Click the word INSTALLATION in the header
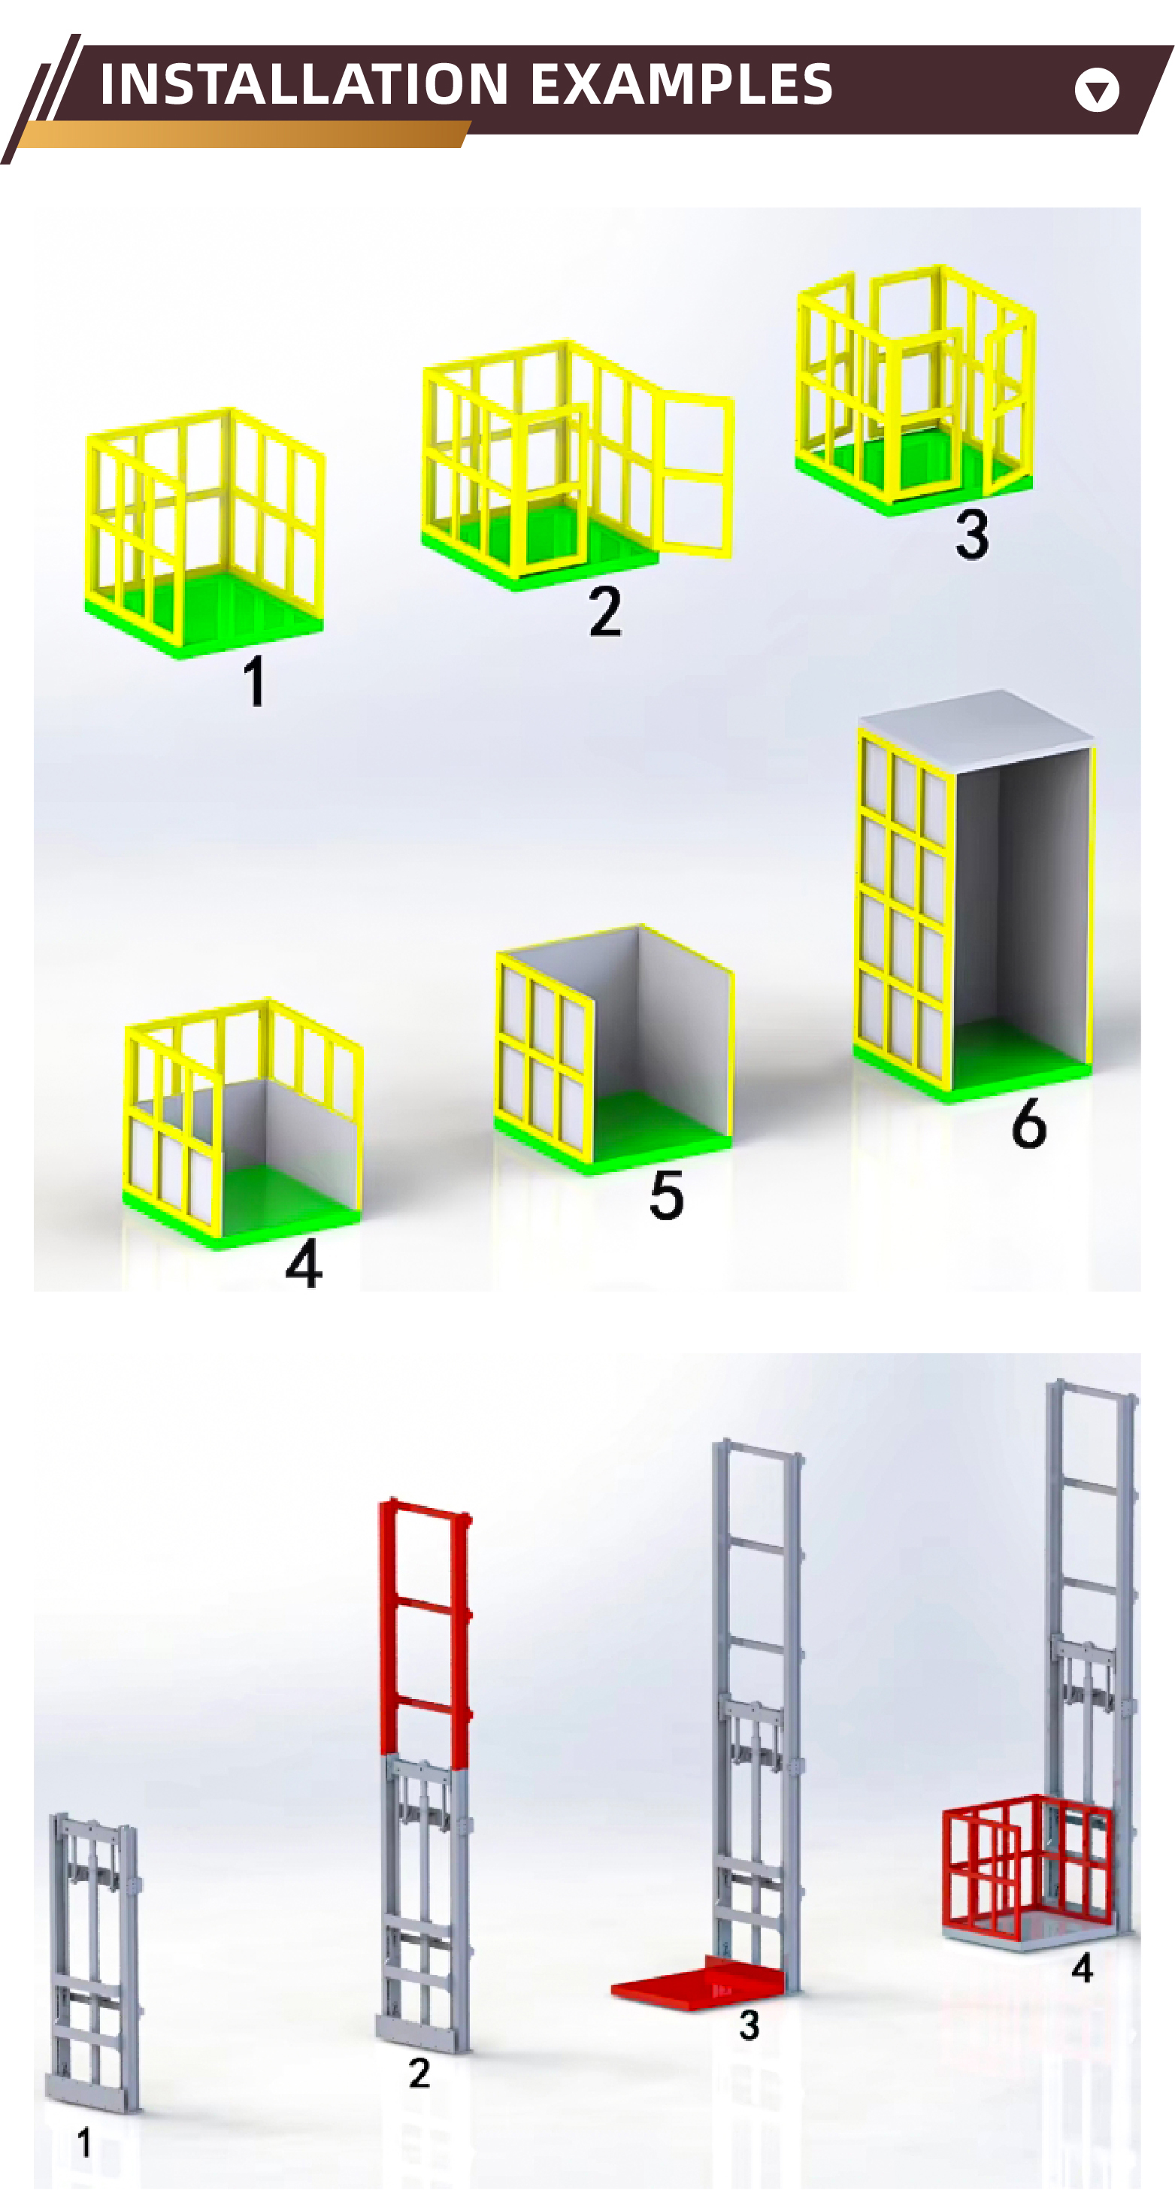[x=304, y=84]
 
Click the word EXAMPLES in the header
[x=681, y=84]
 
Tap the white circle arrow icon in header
[x=1096, y=90]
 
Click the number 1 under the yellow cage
[x=253, y=682]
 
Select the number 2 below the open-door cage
[x=604, y=611]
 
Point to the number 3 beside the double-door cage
[x=972, y=535]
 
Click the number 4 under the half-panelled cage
[x=304, y=1265]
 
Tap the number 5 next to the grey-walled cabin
[x=666, y=1195]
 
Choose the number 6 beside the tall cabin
[x=1028, y=1123]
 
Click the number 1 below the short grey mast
[x=83, y=2143]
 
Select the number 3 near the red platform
[x=749, y=2025]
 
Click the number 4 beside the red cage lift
[x=1082, y=1967]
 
